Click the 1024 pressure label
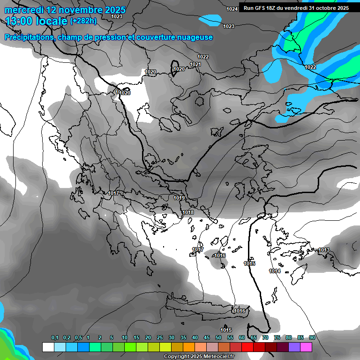[x=232, y=9]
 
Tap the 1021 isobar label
[x=195, y=64]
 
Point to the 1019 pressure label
[x=179, y=198]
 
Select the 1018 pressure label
[x=188, y=212]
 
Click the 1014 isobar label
[x=275, y=271]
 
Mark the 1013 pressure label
[x=324, y=250]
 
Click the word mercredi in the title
[x=24, y=10]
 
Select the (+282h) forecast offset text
[x=83, y=21]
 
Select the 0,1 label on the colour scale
[x=55, y=337]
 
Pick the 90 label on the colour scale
[x=312, y=337]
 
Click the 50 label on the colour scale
[x=218, y=337]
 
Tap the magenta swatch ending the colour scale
[x=306, y=347]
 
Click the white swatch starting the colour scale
[x=48, y=347]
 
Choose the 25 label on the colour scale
[x=160, y=337]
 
